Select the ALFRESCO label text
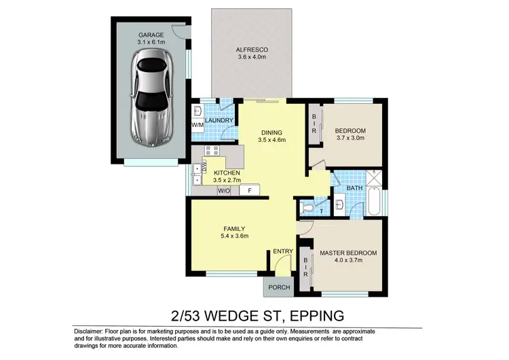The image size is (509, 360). (252, 50)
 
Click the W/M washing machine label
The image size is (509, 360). (197, 126)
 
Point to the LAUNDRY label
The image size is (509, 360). (219, 121)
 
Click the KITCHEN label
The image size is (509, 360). (227, 173)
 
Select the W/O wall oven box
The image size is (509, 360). (223, 191)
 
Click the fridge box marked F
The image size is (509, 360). (249, 191)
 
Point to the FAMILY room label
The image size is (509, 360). (233, 228)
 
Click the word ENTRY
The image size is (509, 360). (282, 252)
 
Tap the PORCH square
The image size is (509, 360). (279, 287)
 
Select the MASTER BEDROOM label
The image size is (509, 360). (347, 253)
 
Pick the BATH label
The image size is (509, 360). (354, 187)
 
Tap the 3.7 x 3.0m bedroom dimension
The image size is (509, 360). (351, 138)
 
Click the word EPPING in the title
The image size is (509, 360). (315, 315)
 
